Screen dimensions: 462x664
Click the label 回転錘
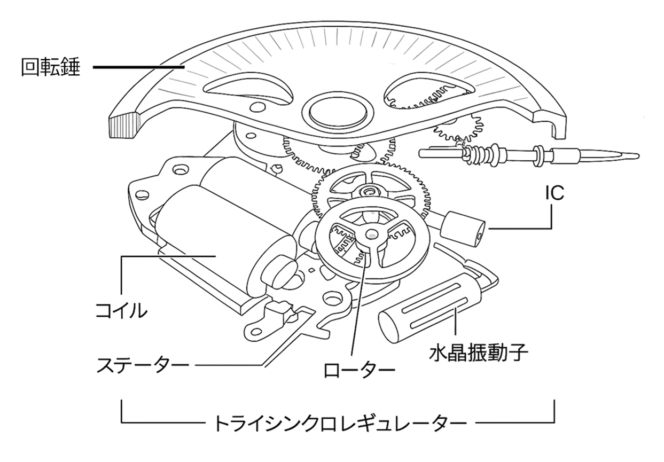coord(50,69)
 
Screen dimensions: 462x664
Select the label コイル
coord(121,310)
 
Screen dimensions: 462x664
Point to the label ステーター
coord(143,366)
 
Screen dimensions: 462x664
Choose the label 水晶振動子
coord(479,353)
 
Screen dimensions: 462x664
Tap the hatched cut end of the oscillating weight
coord(123,125)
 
